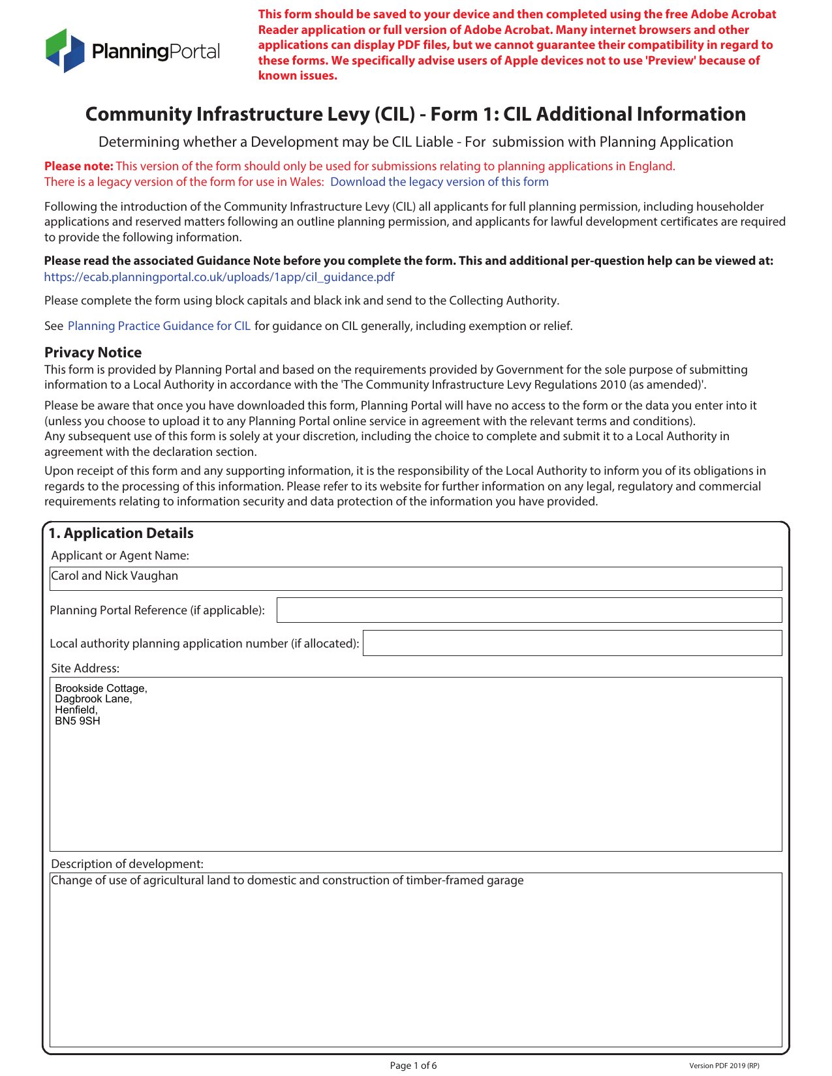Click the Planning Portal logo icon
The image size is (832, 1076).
point(65,50)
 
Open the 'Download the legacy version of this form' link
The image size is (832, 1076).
point(439,182)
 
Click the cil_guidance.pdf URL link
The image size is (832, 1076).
point(219,277)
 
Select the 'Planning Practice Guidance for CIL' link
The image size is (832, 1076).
point(159,326)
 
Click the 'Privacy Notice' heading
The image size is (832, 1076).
point(93,353)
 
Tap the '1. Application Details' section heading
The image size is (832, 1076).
point(121,533)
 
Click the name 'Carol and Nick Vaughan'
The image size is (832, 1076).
point(115,576)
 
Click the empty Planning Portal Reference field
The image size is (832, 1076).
point(529,610)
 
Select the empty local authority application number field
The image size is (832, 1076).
point(572,643)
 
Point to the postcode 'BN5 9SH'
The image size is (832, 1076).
point(78,721)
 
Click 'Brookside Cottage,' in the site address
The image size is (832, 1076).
point(101,689)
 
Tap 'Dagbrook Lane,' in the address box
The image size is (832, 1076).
point(93,699)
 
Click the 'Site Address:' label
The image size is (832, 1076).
point(85,668)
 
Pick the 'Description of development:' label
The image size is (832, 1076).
point(127,864)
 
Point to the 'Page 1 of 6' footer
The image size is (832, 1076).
point(413,1066)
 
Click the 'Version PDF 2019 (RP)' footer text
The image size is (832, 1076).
point(724,1066)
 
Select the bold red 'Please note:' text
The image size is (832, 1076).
point(79,166)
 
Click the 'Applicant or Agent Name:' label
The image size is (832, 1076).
point(120,556)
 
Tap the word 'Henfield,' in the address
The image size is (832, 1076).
point(76,710)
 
